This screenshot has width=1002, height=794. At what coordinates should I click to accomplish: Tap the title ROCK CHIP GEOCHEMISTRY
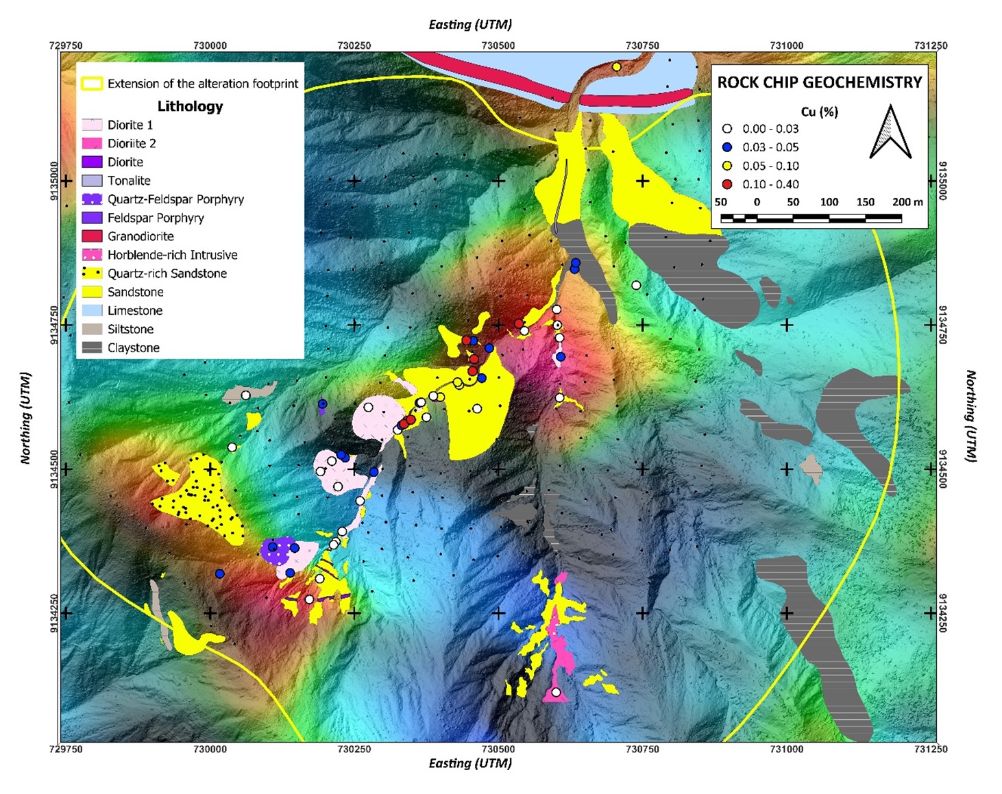tap(819, 82)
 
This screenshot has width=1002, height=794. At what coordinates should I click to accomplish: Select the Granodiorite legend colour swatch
tap(92, 236)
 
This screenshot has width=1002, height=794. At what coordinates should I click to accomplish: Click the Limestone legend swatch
tap(92, 310)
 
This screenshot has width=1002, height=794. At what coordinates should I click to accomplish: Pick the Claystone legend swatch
tap(92, 347)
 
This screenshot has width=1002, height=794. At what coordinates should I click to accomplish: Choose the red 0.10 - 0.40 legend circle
tap(727, 184)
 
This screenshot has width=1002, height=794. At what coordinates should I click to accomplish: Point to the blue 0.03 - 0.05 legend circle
tap(727, 147)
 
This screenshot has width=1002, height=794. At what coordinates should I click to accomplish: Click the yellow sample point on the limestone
tap(616, 66)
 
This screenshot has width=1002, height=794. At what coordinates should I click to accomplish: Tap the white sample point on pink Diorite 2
tap(556, 692)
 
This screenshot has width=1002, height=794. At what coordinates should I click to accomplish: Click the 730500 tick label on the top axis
tap(498, 46)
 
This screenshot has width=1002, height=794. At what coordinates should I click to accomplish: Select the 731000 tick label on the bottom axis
tap(786, 749)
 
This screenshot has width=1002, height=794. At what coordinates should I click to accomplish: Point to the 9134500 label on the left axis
tap(54, 469)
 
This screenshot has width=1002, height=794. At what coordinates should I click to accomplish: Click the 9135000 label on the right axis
tap(942, 181)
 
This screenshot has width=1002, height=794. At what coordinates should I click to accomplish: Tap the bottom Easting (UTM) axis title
tap(470, 763)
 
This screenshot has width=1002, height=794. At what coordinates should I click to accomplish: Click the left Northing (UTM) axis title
tap(26, 418)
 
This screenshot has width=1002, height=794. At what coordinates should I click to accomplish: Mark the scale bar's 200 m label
tap(907, 202)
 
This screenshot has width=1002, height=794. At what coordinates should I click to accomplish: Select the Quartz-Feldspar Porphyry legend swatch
tap(92, 199)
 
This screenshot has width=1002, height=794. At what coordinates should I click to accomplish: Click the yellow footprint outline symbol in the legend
tap(92, 84)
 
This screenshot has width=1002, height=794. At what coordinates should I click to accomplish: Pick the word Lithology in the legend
tap(190, 106)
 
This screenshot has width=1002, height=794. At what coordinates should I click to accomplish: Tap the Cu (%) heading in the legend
tap(819, 112)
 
